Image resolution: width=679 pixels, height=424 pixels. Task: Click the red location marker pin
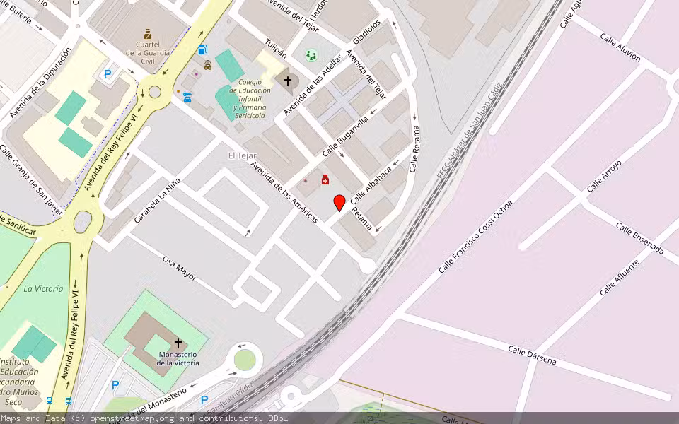(339, 203)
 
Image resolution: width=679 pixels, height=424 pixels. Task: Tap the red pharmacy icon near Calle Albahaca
(325, 180)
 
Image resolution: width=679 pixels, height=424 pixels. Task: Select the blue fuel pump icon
(203, 50)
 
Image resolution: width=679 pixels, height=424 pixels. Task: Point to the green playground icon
(311, 54)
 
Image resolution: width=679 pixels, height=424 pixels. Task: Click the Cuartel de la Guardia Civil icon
(147, 34)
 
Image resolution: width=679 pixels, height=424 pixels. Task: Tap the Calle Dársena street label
(532, 355)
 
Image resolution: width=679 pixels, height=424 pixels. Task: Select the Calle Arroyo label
(604, 176)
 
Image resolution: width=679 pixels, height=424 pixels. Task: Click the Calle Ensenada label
(639, 238)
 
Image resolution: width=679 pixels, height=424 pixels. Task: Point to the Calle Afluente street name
(620, 278)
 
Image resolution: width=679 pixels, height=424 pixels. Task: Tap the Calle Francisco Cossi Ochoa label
(475, 236)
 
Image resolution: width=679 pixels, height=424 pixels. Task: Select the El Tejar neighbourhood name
(242, 155)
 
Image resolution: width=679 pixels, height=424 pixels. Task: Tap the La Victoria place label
(43, 288)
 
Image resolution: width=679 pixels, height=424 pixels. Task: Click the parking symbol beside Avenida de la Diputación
(108, 73)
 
